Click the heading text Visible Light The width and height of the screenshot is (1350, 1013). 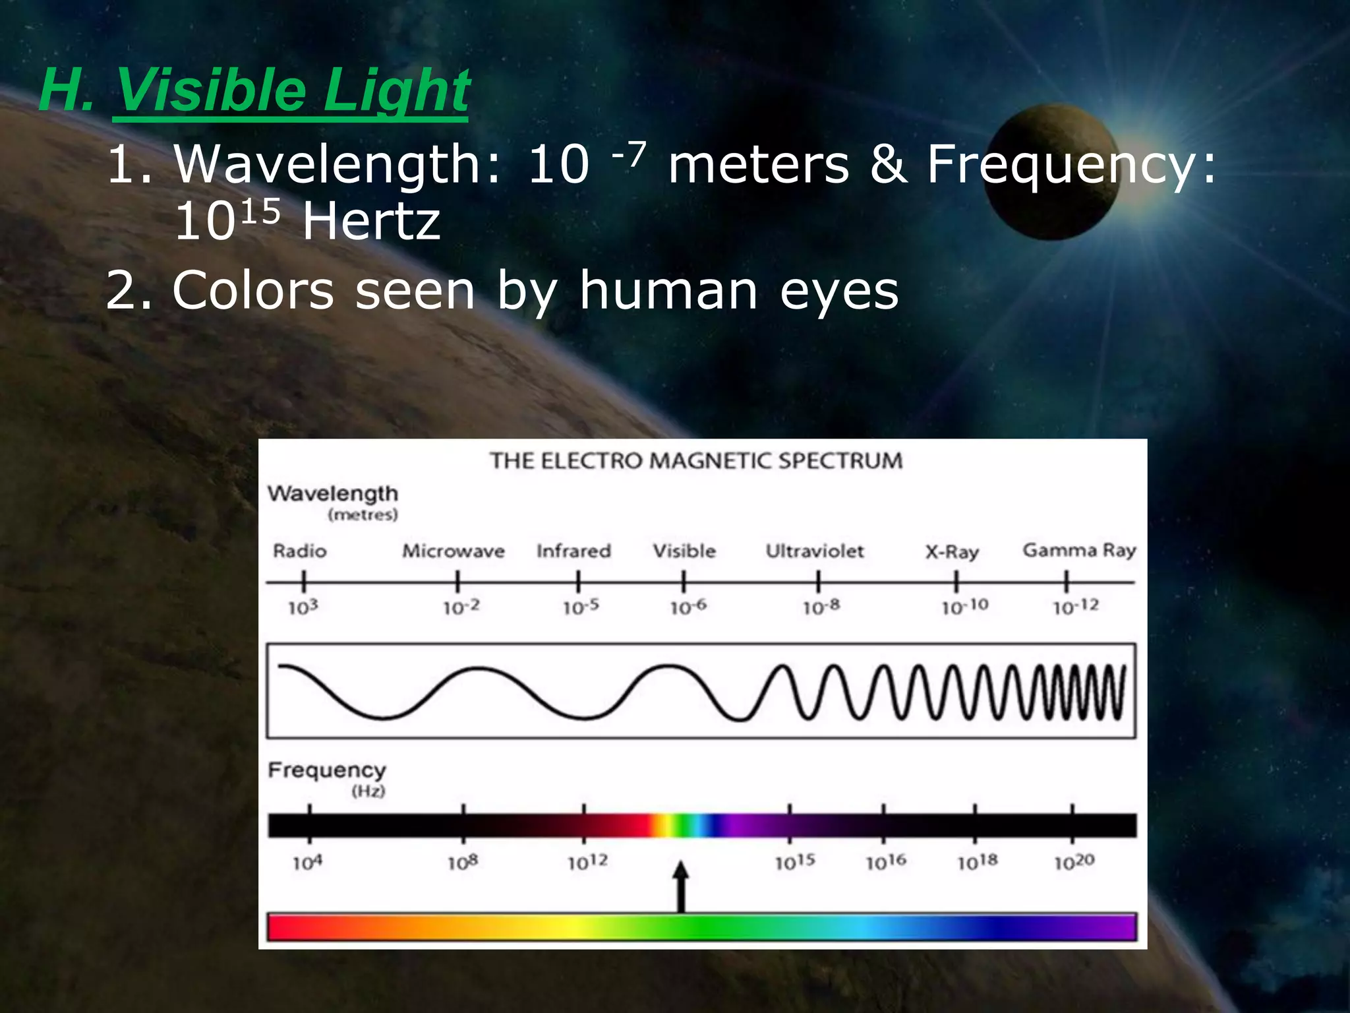click(291, 90)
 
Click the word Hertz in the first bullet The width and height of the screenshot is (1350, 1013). click(371, 222)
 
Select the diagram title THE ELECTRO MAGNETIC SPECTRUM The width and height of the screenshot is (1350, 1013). click(695, 460)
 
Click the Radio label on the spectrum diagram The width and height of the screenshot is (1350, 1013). click(300, 551)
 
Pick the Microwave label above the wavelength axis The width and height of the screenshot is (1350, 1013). click(454, 551)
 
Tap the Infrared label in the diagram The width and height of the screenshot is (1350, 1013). click(573, 551)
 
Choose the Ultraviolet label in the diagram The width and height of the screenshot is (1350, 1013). click(815, 551)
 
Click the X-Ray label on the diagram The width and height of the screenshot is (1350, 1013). click(952, 551)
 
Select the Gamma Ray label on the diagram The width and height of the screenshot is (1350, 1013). click(1079, 550)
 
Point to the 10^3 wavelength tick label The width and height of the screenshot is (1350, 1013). click(303, 607)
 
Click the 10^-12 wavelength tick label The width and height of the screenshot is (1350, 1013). click(1076, 606)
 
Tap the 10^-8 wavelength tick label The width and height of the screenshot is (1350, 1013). click(821, 607)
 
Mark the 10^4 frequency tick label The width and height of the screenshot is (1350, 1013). click(307, 862)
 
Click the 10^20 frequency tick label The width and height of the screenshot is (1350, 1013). click(1074, 862)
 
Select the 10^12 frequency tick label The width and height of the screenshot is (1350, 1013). click(587, 862)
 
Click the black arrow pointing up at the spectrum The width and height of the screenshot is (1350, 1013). click(681, 887)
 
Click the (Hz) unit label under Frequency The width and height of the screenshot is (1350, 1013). click(368, 791)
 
